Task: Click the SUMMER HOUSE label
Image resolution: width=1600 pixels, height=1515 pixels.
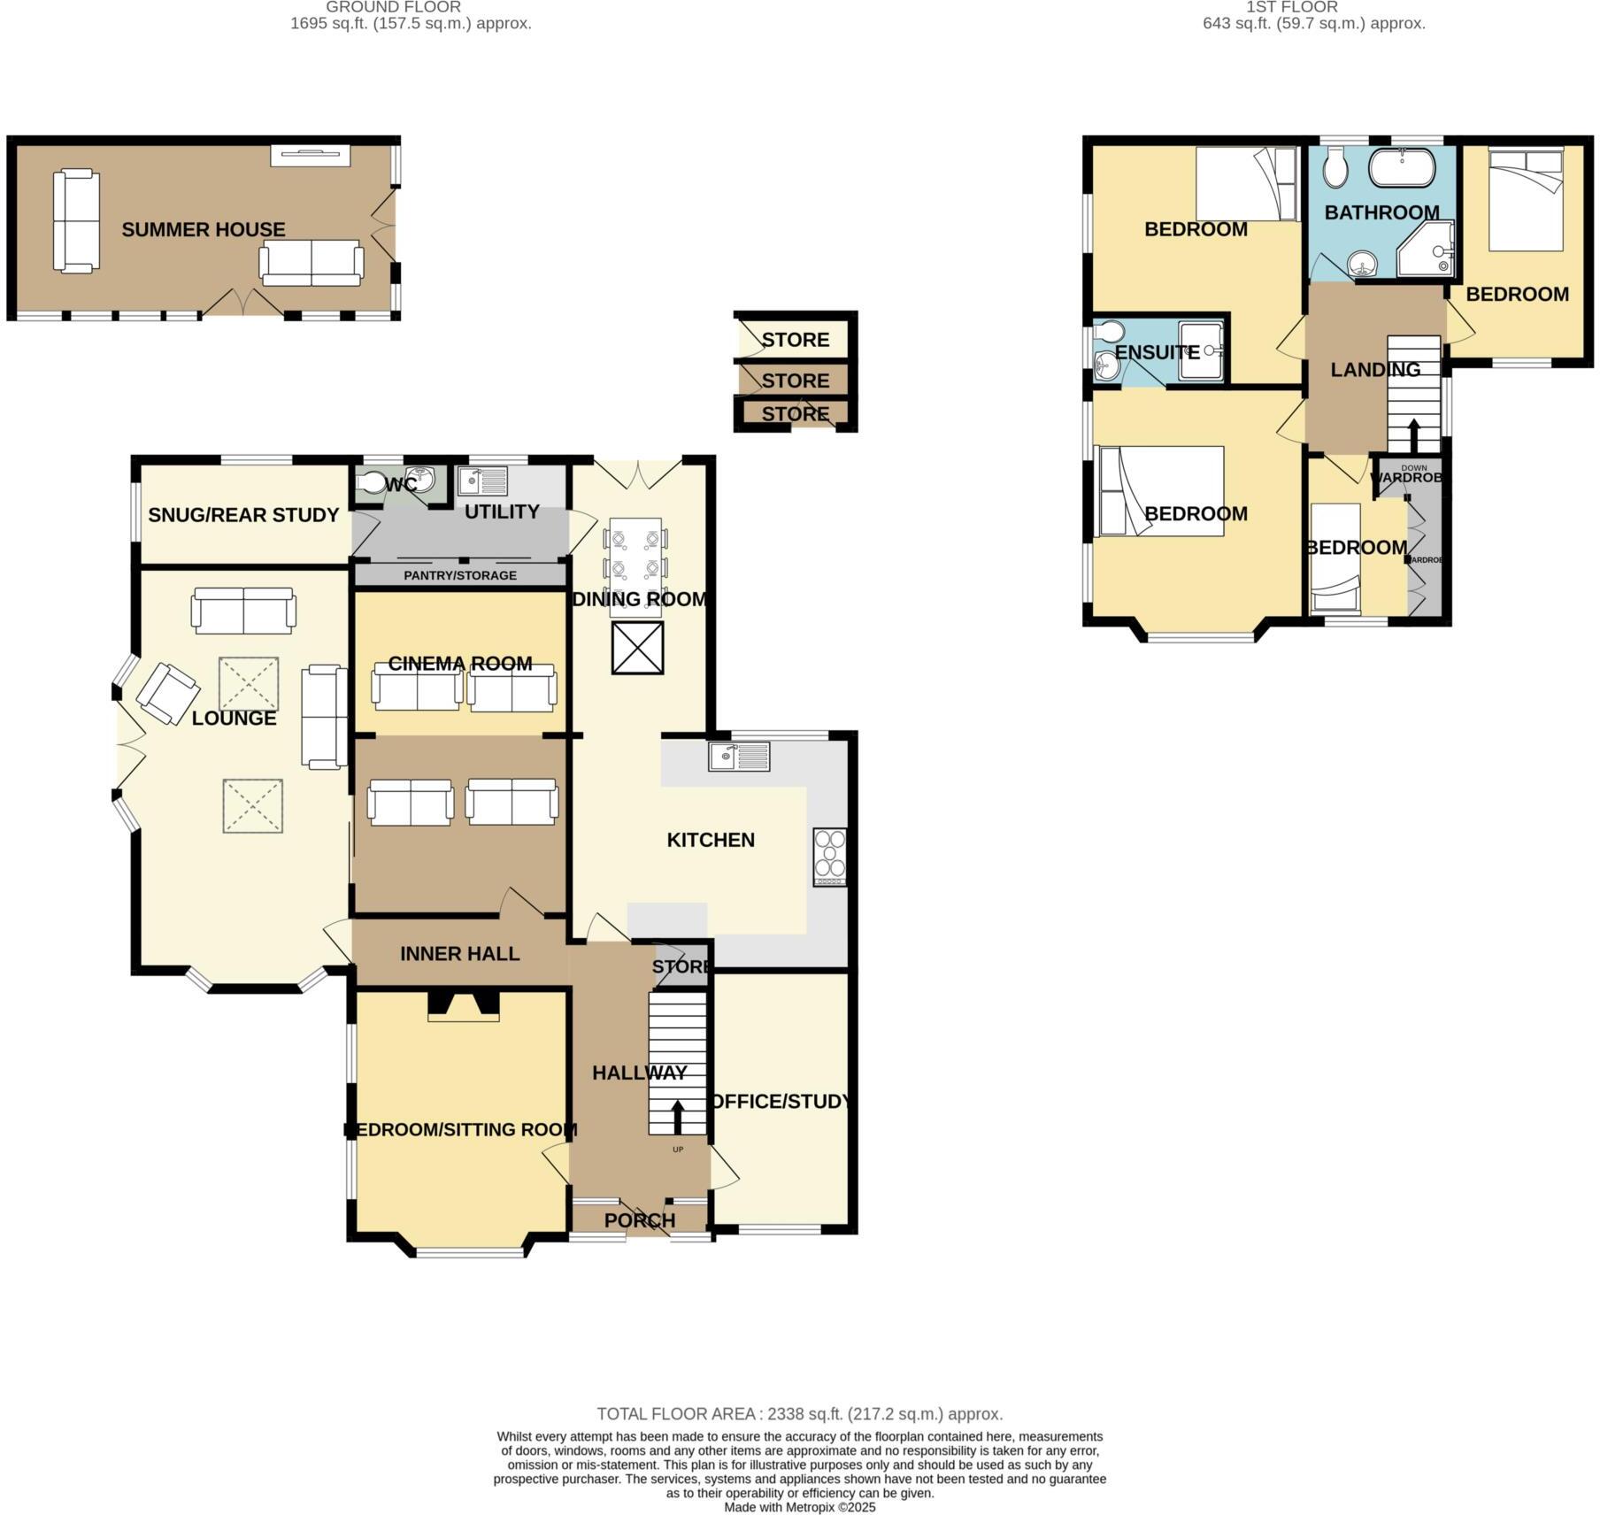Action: tap(203, 229)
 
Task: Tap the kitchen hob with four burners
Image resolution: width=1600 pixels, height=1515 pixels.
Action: tap(829, 857)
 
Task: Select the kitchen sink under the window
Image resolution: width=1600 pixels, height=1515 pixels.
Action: tap(739, 757)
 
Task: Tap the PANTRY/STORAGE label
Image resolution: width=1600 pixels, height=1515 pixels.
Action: tap(459, 575)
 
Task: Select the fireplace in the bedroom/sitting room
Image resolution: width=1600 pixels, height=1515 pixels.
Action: tap(463, 1005)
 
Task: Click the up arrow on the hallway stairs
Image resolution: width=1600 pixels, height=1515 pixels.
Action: tap(678, 1117)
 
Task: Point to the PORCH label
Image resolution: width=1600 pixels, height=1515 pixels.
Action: tap(639, 1220)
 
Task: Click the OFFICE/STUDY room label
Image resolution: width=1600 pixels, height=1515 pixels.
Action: tap(781, 1101)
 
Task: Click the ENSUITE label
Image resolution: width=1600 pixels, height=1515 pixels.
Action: tap(1157, 352)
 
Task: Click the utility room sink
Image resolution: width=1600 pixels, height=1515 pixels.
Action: tap(482, 481)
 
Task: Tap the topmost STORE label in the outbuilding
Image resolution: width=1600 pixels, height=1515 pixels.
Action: tap(795, 340)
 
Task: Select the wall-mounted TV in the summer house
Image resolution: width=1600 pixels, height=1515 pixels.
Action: tap(310, 155)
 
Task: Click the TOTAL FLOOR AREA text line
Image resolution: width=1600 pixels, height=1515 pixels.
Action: tap(799, 1414)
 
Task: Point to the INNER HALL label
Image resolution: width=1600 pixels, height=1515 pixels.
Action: tap(459, 953)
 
